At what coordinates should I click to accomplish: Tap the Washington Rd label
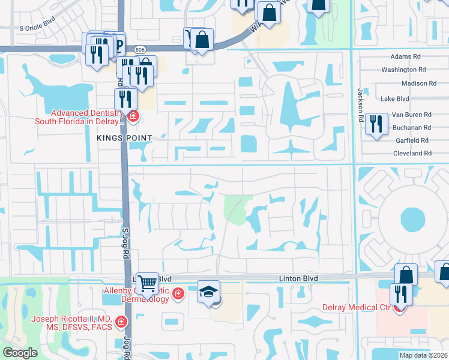[x=403, y=70]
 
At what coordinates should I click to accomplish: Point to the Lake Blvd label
[x=395, y=98]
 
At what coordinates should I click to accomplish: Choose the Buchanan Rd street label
[x=412, y=128]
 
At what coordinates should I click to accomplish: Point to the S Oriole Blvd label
[x=37, y=28]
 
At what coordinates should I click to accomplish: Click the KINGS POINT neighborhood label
[x=122, y=138]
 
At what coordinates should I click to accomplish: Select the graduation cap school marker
[x=208, y=293]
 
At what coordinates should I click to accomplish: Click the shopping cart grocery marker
[x=147, y=283]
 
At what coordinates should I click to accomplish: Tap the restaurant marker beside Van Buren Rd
[x=376, y=124]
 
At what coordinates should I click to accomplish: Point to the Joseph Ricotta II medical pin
[x=121, y=322]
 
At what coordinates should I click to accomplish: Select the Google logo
[x=20, y=353]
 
